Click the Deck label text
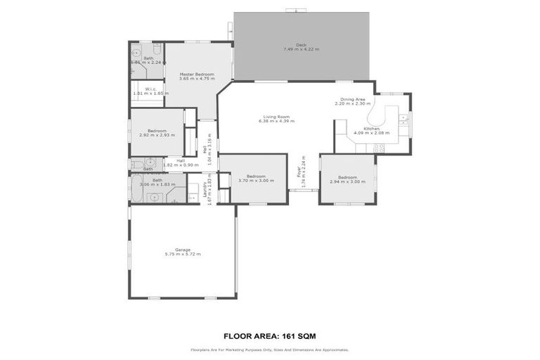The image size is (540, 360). pyautogui.click(x=301, y=45)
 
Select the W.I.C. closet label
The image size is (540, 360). pyautogui.click(x=150, y=89)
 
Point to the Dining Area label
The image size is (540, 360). pyautogui.click(x=352, y=100)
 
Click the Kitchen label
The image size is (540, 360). pyautogui.click(x=372, y=129)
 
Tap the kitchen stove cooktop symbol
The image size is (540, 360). pyautogui.click(x=379, y=148)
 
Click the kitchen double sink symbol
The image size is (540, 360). pyautogui.click(x=404, y=119)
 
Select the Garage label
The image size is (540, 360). pyautogui.click(x=182, y=249)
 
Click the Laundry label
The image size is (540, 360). pyautogui.click(x=205, y=188)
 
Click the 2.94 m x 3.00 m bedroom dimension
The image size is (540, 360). pyautogui.click(x=348, y=181)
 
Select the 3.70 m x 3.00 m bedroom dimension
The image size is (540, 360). pyautogui.click(x=256, y=181)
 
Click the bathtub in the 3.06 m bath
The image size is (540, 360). pyautogui.click(x=140, y=189)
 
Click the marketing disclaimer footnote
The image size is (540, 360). pyautogui.click(x=269, y=349)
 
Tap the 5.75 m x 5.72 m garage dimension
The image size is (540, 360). pyautogui.click(x=182, y=254)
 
